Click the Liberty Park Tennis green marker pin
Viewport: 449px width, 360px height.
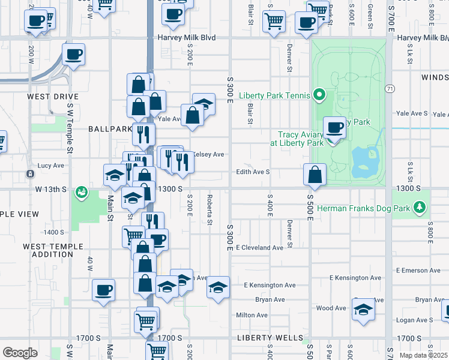coord(319,95)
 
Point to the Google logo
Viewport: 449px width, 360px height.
coord(20,353)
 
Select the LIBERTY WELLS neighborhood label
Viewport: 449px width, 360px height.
coord(270,338)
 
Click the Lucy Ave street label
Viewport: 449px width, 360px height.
coord(50,166)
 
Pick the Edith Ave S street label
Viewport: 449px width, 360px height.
coord(253,172)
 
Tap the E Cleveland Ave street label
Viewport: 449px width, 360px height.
coord(259,247)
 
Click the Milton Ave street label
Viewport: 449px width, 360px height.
coord(252,314)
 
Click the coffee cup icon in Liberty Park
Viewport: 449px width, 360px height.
coord(335,127)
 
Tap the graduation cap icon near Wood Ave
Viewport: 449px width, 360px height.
coord(363,311)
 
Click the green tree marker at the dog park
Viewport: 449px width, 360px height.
coord(420,208)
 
